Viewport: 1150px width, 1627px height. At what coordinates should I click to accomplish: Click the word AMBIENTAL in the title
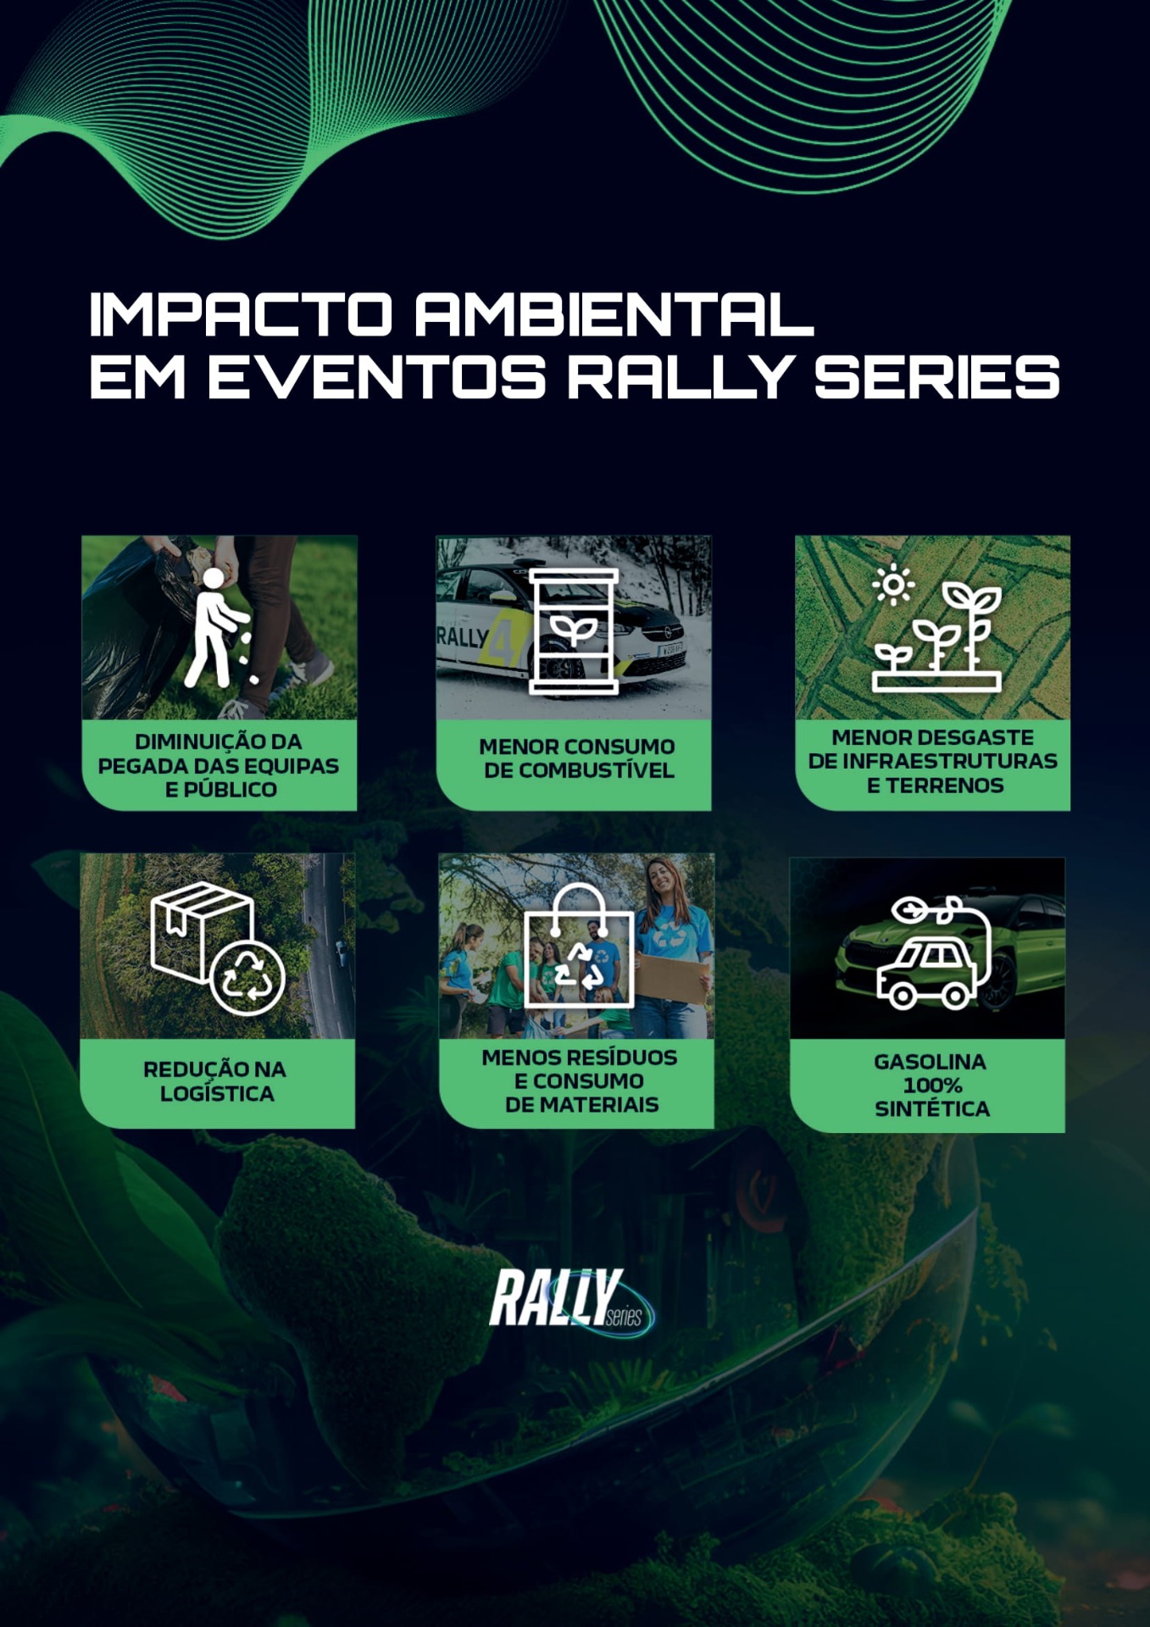point(614,314)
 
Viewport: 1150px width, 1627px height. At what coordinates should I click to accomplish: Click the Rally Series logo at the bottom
point(571,1298)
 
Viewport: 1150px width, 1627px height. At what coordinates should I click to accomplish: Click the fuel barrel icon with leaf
point(574,630)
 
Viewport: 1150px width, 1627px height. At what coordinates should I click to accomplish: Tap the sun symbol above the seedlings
point(893,585)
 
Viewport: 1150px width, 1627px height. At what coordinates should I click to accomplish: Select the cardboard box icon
point(202,931)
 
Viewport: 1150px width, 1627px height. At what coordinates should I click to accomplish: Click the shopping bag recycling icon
point(579,946)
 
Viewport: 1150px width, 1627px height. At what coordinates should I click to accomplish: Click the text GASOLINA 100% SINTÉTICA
point(931,1085)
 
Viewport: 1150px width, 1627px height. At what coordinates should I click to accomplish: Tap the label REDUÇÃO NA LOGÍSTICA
point(215,1081)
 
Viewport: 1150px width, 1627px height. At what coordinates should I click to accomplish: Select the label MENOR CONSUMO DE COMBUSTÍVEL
point(577,758)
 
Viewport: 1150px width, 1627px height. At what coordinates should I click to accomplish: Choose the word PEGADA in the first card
point(131,766)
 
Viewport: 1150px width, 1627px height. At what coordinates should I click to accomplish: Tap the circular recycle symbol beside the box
point(247,977)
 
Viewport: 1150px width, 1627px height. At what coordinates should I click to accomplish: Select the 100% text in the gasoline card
point(932,1085)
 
